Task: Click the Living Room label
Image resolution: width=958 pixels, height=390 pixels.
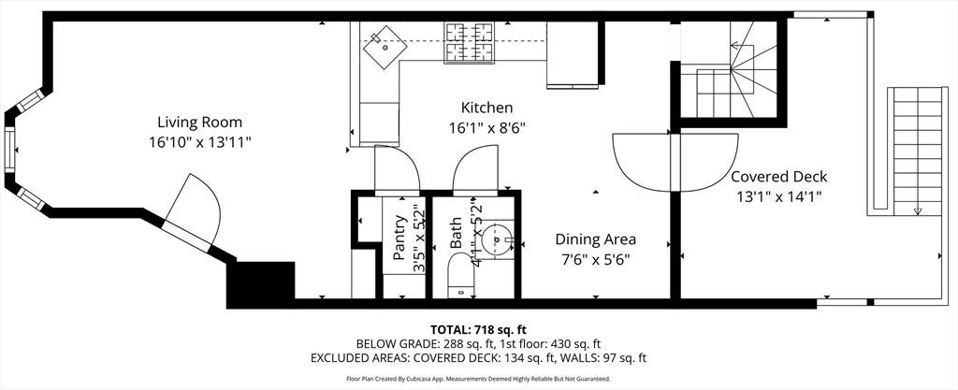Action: coord(200,123)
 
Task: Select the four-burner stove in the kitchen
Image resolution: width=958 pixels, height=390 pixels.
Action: coord(470,42)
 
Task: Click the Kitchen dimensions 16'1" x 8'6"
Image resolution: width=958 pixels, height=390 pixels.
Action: coord(486,128)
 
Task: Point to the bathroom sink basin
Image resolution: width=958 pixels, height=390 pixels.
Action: coord(498,239)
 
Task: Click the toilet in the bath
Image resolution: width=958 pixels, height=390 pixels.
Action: coord(460,275)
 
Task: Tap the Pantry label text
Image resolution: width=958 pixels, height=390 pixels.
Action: coord(399,238)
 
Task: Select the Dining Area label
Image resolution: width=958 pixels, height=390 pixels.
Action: coord(595,239)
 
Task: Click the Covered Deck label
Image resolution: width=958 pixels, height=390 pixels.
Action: coord(779,177)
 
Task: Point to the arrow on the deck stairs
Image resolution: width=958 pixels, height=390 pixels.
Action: coord(918,211)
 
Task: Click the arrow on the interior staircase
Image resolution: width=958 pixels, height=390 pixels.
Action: coord(736,45)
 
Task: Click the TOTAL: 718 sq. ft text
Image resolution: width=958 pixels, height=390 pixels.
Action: coord(478,330)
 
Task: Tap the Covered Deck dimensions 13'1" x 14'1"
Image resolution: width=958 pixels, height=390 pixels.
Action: coord(779,197)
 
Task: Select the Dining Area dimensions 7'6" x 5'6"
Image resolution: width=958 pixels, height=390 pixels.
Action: coord(595,259)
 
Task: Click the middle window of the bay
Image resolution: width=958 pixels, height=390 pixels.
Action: coord(10,150)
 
